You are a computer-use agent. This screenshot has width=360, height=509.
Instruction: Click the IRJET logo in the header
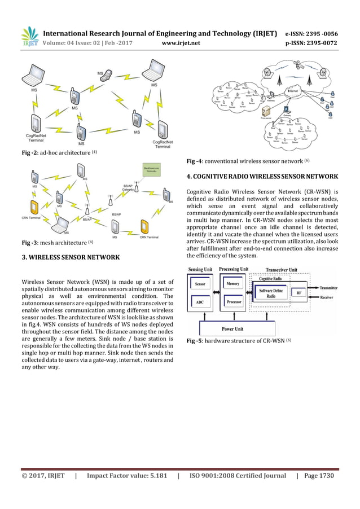click(30, 36)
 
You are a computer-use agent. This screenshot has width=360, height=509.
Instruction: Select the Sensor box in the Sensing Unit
click(200, 285)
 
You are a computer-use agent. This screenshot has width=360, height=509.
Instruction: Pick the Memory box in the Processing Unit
click(232, 284)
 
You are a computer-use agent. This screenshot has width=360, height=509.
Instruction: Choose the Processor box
click(232, 302)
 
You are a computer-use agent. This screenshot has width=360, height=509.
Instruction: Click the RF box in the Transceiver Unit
click(298, 293)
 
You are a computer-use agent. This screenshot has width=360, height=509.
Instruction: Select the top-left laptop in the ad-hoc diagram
click(34, 74)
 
